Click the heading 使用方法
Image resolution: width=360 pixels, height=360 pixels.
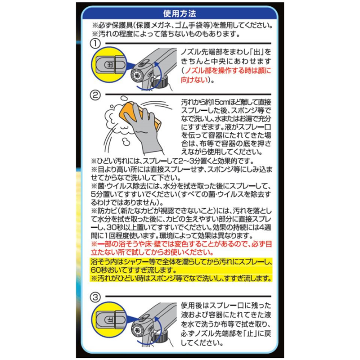[180, 14]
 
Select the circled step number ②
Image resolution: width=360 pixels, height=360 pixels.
[95, 95]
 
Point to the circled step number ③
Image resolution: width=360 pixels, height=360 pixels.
[95, 297]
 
